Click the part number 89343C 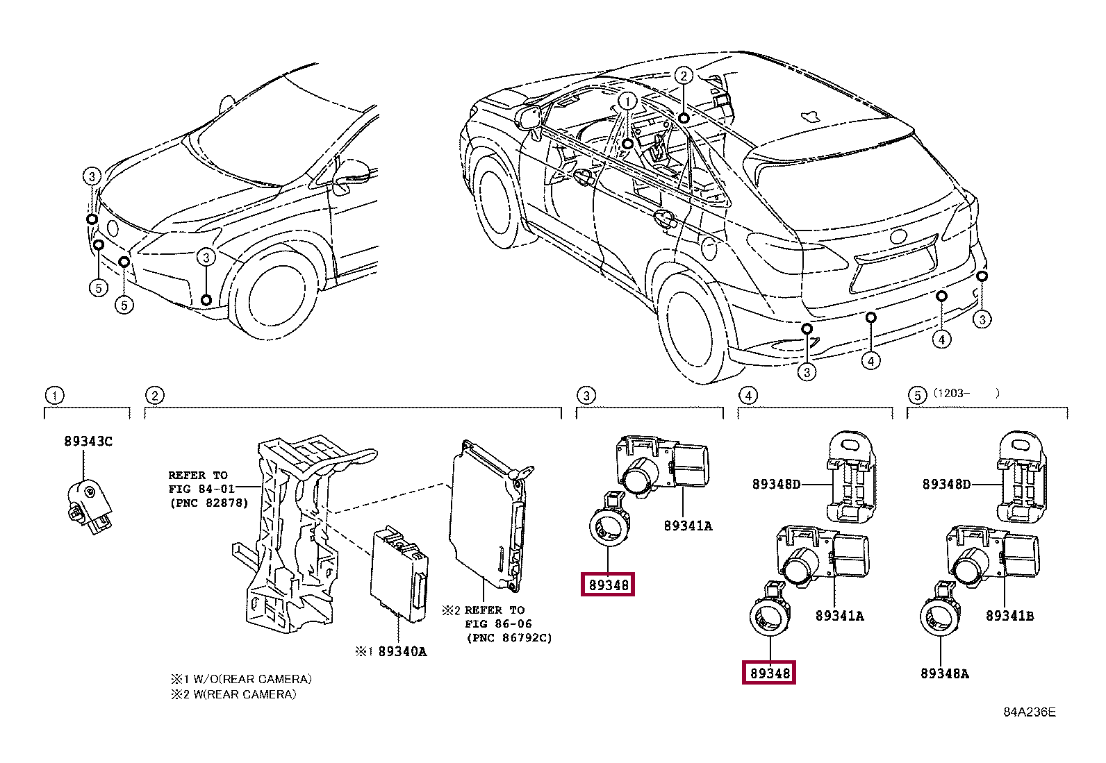(88, 441)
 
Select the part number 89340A (402, 652)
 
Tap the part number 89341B (1009, 616)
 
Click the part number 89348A (945, 673)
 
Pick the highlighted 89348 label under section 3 (609, 585)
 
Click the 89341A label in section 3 (688, 526)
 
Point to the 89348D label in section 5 (946, 484)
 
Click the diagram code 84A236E (1029, 713)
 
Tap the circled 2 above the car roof (684, 76)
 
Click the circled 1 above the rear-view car (627, 101)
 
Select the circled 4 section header (747, 396)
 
